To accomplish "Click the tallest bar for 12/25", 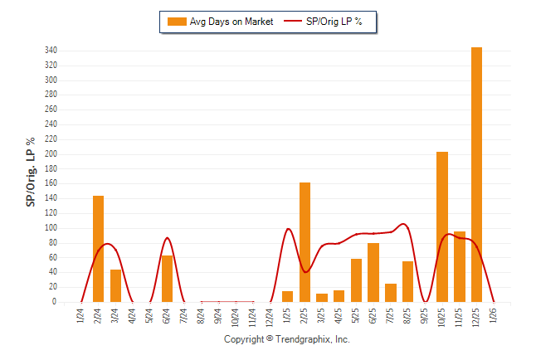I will coord(476,174).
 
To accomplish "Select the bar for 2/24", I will coord(99,249).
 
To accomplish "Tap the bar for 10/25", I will coord(442,226).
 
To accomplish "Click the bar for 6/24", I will coord(168,279).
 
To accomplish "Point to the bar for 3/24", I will coord(116,285).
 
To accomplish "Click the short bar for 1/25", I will coord(288,296).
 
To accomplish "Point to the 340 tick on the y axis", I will coord(51,51).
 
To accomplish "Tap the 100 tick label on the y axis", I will coord(51,228).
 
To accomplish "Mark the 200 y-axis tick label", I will coord(51,154).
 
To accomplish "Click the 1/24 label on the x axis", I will coord(81,316).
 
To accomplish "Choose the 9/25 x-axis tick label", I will coord(425,316).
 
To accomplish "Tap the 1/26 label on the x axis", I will coord(494,316).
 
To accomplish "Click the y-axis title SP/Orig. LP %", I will coord(31,173).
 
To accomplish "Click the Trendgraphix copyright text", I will coord(287,340).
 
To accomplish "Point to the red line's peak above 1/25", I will coord(288,229).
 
